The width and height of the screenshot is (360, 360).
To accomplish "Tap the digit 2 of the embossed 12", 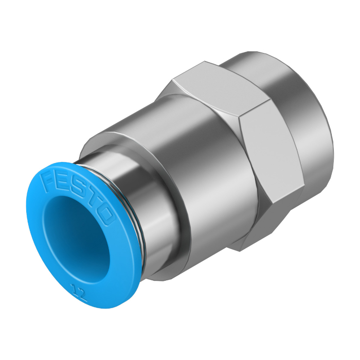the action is [83, 296].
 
